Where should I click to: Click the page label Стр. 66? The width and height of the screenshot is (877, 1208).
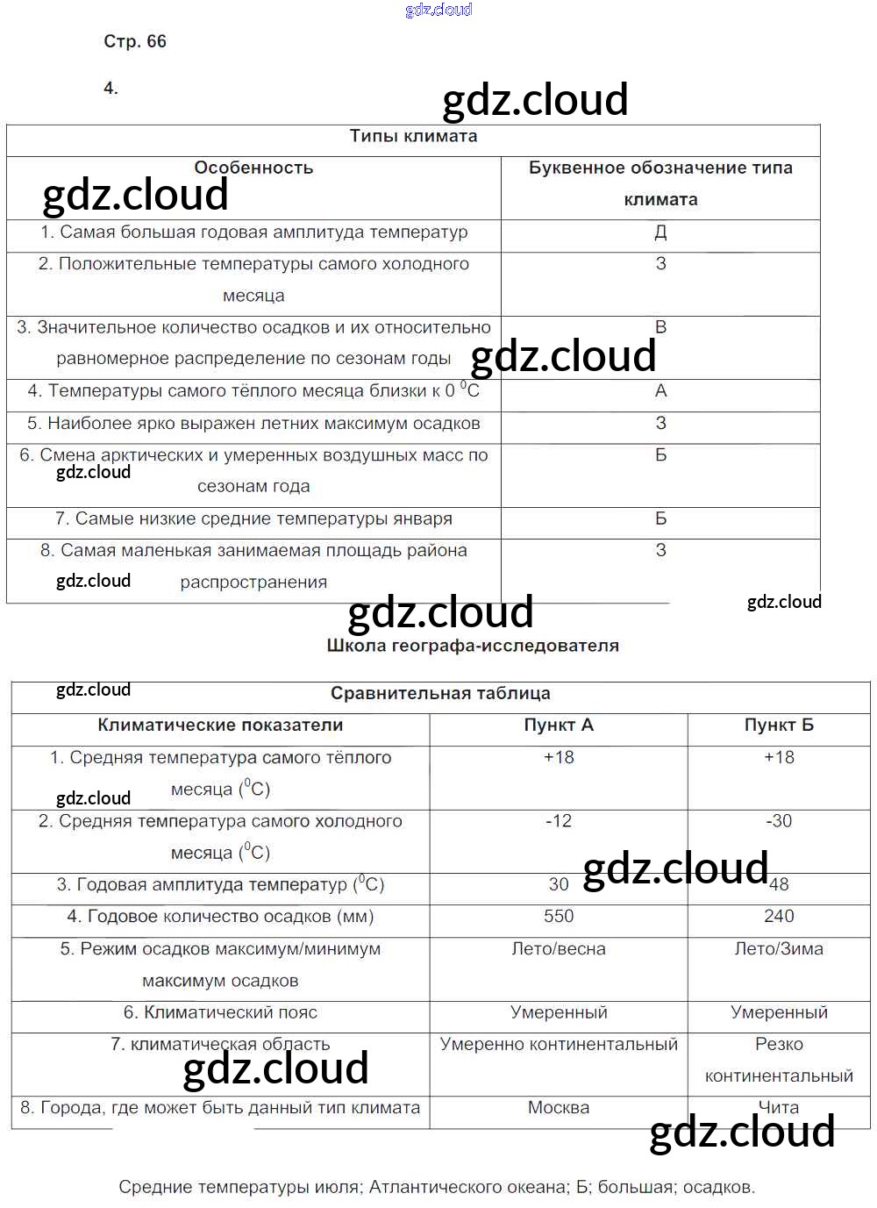click(x=134, y=41)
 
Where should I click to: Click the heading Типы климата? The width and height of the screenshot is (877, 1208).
click(x=413, y=136)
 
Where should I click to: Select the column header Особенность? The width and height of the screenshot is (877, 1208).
click(x=253, y=168)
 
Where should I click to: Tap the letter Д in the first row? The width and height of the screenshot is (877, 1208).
click(x=660, y=232)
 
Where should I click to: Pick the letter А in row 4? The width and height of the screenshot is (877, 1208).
click(x=660, y=391)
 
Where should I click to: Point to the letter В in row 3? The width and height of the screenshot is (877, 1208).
click(x=660, y=327)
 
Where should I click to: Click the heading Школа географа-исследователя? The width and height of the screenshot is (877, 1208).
click(x=473, y=646)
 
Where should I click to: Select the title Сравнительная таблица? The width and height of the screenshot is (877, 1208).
click(x=440, y=693)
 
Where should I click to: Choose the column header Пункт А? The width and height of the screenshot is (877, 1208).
click(x=559, y=726)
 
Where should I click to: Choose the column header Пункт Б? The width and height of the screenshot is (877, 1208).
click(x=779, y=726)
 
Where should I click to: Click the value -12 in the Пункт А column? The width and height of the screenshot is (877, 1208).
click(x=559, y=821)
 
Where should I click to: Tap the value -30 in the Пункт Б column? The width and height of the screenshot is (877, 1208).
click(x=779, y=821)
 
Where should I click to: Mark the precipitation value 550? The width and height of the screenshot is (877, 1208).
click(x=559, y=917)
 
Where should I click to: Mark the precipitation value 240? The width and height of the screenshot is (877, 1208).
click(x=779, y=917)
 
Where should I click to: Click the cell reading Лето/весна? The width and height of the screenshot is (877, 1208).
click(x=559, y=949)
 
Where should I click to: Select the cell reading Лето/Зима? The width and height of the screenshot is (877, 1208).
click(x=779, y=949)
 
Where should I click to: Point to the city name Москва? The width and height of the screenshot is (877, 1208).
click(x=559, y=1108)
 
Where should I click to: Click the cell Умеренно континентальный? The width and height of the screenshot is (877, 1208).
click(x=559, y=1045)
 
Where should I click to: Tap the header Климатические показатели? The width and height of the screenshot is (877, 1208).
click(x=220, y=726)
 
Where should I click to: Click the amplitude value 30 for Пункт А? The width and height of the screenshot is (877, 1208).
click(x=559, y=885)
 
